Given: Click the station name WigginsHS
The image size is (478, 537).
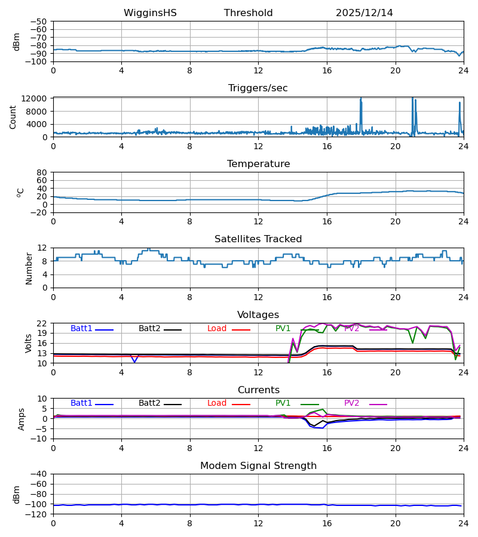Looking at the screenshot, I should click(x=150, y=13).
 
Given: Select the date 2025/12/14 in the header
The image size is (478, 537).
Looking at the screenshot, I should click(x=364, y=13).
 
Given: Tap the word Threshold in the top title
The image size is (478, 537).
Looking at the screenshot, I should click(x=248, y=13).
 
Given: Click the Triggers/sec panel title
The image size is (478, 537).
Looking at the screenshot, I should click(x=258, y=88).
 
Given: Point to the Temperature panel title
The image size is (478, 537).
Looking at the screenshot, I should click(x=258, y=164).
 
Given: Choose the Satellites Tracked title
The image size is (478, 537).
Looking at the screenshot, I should click(x=258, y=239).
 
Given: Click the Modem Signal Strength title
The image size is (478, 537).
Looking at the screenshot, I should click(x=258, y=466).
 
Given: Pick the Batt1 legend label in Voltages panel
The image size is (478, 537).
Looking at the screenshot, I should click(x=81, y=329).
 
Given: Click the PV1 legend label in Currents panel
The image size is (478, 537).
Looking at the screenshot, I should click(x=283, y=403).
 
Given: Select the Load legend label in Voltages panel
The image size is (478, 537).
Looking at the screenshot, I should click(x=217, y=329).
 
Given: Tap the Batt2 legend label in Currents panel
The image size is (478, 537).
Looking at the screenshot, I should click(x=150, y=403).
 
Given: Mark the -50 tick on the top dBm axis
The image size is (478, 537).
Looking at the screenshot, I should click(x=40, y=21).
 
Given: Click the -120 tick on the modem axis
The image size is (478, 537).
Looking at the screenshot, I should click(x=38, y=514).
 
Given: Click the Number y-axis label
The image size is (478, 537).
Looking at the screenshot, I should click(x=29, y=268).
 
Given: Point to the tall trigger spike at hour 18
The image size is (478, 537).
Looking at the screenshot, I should click(x=361, y=101).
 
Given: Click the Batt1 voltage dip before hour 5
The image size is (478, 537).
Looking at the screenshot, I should click(x=134, y=361).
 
